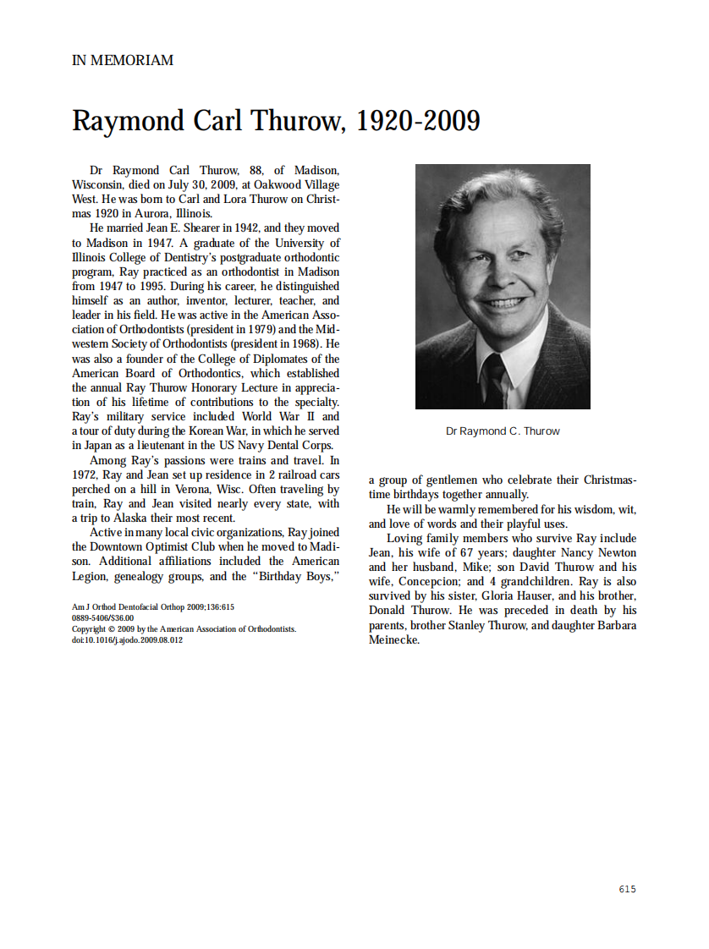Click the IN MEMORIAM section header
click(123, 61)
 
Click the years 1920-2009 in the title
click(417, 122)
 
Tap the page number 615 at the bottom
click(627, 889)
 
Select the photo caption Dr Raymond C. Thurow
click(503, 431)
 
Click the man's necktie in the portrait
click(495, 380)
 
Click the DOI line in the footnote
click(127, 640)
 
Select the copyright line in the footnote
click(184, 629)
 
